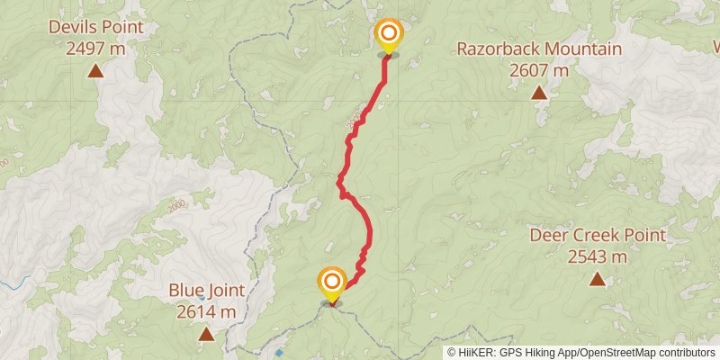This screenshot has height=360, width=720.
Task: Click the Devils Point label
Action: pos(95,27)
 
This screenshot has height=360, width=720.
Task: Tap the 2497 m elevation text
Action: pos(95,48)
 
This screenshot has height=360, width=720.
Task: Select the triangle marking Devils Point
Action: pos(95,69)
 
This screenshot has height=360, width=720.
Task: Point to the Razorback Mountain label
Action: pos(539,49)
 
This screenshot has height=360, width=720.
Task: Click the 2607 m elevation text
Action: pos(539,69)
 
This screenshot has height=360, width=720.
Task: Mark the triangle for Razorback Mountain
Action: pos(538,92)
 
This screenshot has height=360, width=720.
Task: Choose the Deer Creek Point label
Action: pos(598,236)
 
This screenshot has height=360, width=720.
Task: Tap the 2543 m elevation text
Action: pos(598,256)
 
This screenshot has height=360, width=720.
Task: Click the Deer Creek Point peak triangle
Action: pos(597,279)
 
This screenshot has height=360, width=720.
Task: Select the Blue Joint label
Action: pos(206,291)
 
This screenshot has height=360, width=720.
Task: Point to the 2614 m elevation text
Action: pos(206,311)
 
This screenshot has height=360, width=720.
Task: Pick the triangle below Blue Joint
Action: pos(206,334)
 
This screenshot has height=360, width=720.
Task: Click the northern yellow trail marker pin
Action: pos(388,36)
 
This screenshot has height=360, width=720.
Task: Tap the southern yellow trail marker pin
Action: pos(332,283)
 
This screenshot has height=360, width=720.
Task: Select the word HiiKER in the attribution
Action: pos(477,353)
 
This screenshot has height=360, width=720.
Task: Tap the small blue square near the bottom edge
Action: pos(279,352)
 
